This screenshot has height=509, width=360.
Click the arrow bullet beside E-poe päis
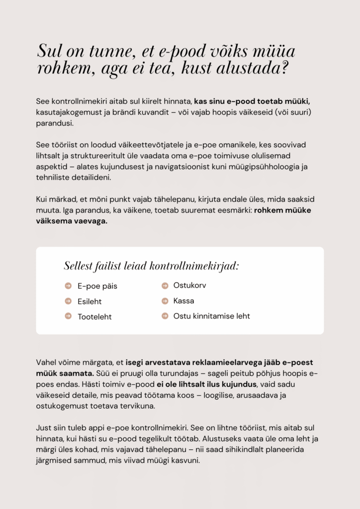click(x=68, y=286)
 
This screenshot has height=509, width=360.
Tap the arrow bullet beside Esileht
click(x=68, y=301)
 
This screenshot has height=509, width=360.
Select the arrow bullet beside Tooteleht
click(x=68, y=316)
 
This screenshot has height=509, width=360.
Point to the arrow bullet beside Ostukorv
click(x=165, y=285)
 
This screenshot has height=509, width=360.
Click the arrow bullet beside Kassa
click(x=165, y=301)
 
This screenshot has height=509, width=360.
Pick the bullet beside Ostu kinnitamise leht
click(x=165, y=316)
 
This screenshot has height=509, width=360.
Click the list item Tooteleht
click(x=94, y=317)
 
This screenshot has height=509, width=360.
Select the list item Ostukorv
click(x=189, y=285)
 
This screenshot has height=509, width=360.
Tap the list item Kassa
click(x=183, y=301)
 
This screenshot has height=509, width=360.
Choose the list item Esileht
click(x=90, y=301)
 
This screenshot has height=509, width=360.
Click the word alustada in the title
click(x=249, y=68)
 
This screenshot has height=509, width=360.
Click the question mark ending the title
click(x=283, y=68)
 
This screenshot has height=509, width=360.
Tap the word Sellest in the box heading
click(x=79, y=266)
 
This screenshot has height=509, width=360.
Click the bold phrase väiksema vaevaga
click(x=71, y=221)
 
